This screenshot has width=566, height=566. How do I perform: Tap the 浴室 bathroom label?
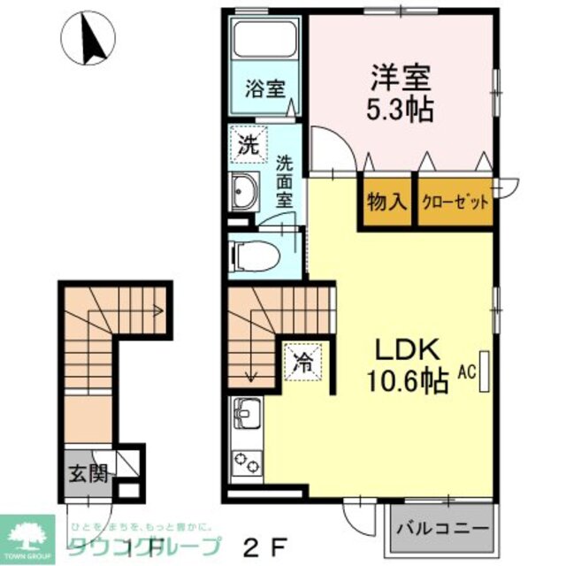point(264,88)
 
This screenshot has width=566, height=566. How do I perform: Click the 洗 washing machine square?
point(248,146)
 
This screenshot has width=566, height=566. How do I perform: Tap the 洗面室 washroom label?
point(284,181)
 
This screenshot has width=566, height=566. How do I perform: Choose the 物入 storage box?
point(386,201)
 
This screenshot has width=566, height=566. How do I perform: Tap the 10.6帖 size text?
point(407,382)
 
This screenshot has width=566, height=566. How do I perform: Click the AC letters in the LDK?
point(467,372)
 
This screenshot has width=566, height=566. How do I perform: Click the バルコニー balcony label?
point(441,529)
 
